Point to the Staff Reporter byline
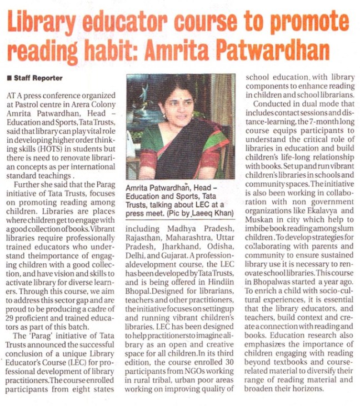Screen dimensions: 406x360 (38, 78)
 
